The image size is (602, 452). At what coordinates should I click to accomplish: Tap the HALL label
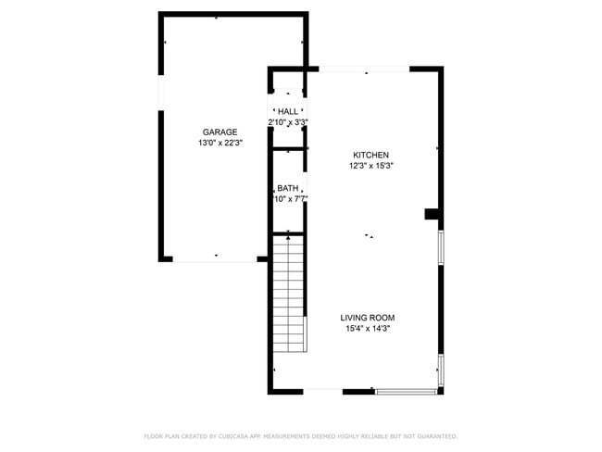click(x=288, y=111)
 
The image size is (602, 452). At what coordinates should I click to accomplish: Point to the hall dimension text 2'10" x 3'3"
click(x=288, y=122)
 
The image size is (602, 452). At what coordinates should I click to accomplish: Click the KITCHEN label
click(x=370, y=155)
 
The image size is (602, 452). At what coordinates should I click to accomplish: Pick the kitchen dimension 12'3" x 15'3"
click(x=370, y=166)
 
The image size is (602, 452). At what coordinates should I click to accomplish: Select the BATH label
click(x=288, y=188)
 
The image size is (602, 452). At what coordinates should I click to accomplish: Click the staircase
click(x=289, y=295)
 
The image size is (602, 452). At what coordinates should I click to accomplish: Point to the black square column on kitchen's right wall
click(x=431, y=215)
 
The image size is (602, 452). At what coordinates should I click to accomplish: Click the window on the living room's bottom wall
click(x=407, y=392)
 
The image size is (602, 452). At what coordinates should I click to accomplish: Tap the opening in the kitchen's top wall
click(x=365, y=69)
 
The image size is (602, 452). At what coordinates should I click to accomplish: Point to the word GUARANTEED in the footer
click(x=435, y=435)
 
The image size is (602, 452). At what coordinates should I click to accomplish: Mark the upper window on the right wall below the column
click(x=441, y=248)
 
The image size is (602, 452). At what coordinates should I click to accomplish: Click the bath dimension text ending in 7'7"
click(x=288, y=199)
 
